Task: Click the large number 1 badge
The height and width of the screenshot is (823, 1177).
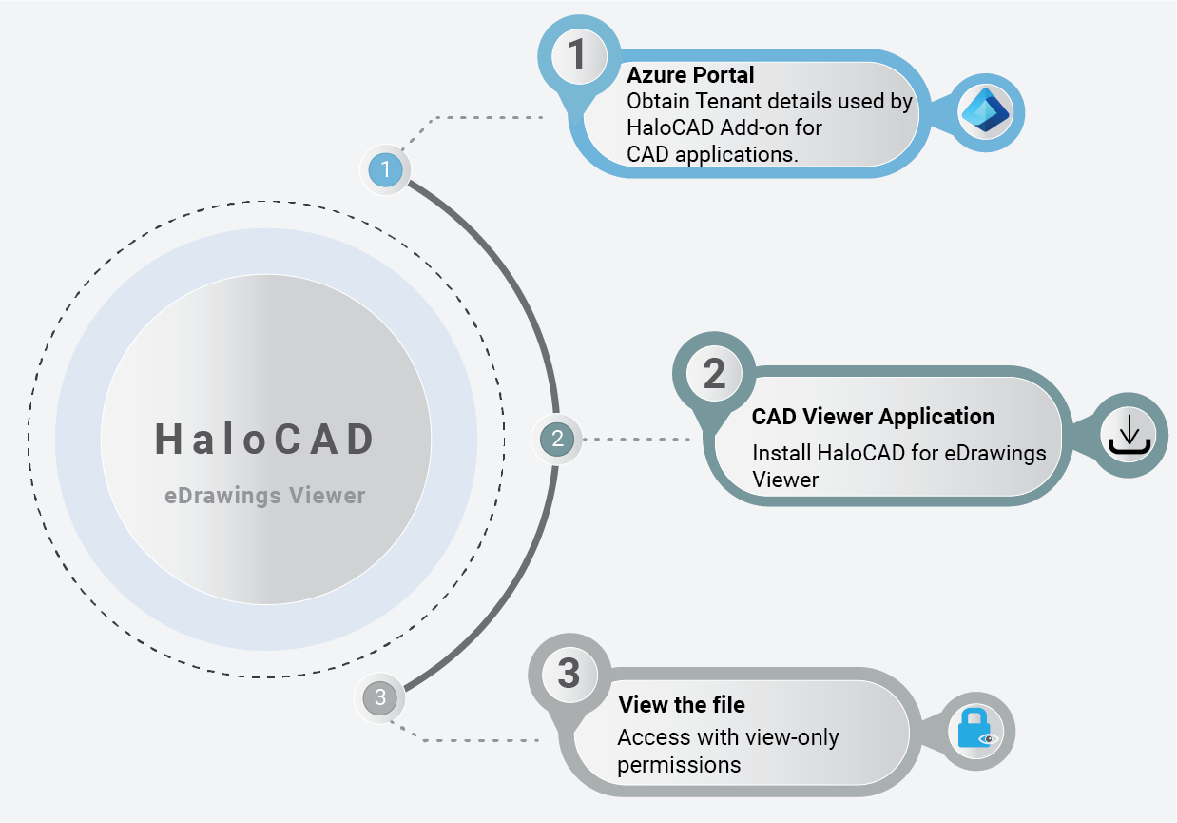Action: click(x=577, y=56)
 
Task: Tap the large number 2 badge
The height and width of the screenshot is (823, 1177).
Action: click(x=713, y=373)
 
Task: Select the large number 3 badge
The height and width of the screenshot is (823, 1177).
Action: click(x=569, y=674)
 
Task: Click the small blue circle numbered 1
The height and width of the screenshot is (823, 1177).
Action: click(x=386, y=169)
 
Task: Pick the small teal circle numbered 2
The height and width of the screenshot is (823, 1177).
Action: click(x=557, y=439)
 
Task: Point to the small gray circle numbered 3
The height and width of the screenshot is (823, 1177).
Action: click(x=380, y=697)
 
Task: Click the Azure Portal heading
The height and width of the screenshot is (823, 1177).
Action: click(x=690, y=76)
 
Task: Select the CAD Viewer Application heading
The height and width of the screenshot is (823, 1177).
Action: click(x=873, y=417)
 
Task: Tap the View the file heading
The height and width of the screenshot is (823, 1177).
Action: click(x=682, y=705)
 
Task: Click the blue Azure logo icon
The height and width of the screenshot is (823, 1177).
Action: click(x=984, y=112)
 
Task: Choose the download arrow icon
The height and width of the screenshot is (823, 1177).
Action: click(x=1129, y=434)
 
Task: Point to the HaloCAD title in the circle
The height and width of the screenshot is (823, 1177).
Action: click(x=265, y=440)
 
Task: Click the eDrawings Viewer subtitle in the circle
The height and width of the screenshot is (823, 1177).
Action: click(x=264, y=496)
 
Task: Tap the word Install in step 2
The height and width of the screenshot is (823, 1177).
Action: click(x=781, y=453)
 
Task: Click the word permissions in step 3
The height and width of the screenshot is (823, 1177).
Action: click(x=679, y=764)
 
